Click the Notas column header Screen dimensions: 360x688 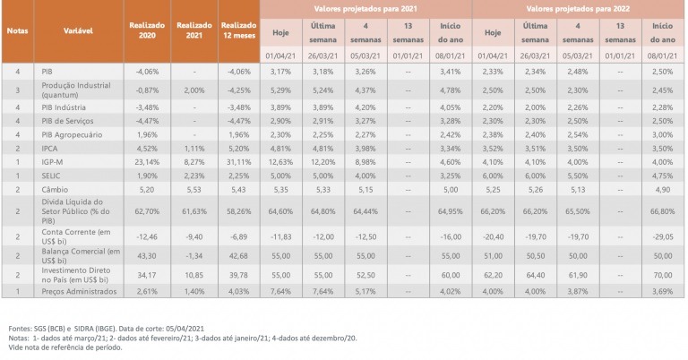(17, 30)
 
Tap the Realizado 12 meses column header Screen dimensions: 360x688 (238, 30)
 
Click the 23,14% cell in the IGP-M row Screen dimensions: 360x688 (146, 162)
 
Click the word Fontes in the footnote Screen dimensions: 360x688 (18, 328)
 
